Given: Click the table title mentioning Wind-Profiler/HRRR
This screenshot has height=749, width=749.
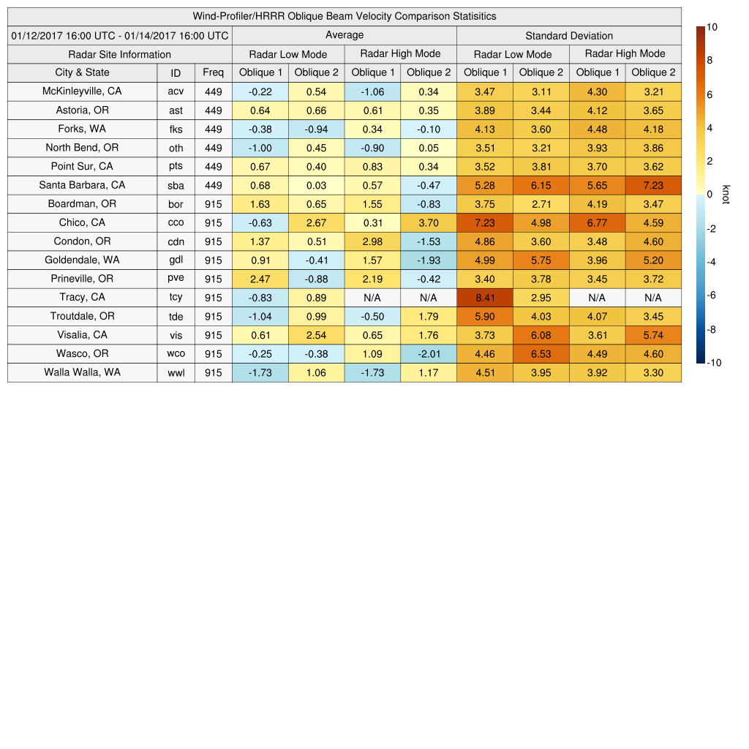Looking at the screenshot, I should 345,16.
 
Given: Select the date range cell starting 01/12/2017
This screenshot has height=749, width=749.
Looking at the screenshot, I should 120,35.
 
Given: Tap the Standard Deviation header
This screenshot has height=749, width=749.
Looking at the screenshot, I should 569,36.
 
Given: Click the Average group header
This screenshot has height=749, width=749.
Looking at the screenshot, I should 345,35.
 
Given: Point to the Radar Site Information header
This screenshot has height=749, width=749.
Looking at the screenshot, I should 120,54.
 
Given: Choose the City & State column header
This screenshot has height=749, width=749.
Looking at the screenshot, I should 82,72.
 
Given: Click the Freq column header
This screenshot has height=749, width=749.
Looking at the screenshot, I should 214,72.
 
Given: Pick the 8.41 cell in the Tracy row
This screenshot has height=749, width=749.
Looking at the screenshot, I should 484,298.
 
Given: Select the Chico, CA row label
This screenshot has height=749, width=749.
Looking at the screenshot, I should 82,223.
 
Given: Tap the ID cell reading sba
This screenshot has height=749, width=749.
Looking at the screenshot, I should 176,185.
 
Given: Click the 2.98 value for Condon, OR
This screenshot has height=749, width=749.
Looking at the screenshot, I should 372,241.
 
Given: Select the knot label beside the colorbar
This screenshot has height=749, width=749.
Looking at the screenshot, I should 726,194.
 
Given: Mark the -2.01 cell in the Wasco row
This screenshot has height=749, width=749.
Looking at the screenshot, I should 428,354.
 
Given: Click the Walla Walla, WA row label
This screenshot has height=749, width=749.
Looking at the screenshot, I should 82,372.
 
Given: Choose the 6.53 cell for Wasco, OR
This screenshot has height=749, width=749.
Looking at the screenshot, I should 541,354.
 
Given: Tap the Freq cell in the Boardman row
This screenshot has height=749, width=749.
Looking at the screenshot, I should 214,204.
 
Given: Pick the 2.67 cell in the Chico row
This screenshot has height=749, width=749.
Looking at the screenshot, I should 316,222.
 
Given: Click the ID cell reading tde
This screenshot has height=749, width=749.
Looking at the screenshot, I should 176,317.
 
